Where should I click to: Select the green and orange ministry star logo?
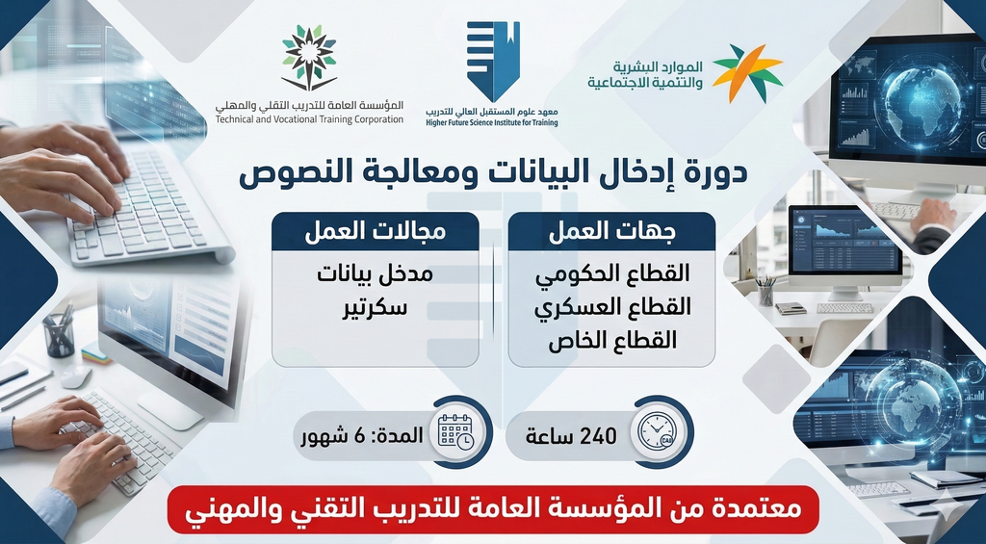pos(747,73)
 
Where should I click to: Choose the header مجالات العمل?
pos(376,233)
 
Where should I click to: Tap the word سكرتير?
pos(376,310)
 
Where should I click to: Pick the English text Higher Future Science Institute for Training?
pos(491,123)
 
